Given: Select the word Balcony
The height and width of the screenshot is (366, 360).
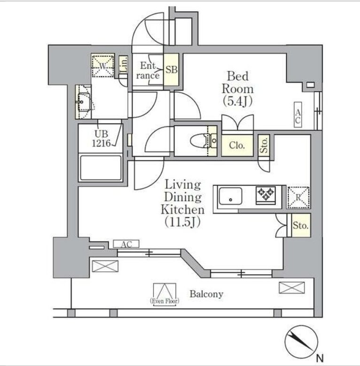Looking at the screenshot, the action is tap(206, 294).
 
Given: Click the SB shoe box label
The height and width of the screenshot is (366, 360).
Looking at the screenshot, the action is tap(172, 70).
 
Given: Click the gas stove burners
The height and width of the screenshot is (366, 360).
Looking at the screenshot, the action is tap(266, 195).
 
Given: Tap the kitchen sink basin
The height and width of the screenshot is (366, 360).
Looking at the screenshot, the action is tap(230, 196).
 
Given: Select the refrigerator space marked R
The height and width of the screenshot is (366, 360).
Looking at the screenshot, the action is tap(298, 198).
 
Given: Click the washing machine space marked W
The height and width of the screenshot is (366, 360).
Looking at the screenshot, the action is tap(103, 66).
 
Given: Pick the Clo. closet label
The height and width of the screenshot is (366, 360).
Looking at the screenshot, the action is tap(237, 145).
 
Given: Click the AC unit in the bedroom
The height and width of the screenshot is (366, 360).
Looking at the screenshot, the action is tap(298, 115).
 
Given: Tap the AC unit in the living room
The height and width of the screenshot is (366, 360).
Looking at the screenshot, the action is tap(126, 244).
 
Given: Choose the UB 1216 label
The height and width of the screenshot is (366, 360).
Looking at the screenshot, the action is tap(102, 139).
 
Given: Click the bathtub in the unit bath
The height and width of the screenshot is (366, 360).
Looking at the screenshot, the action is tap(101, 167).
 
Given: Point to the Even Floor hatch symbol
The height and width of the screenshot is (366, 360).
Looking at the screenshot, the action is tap(164, 294).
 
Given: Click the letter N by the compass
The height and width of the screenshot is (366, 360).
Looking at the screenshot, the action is tap(320, 358).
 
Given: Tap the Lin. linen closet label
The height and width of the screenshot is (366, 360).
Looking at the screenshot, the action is tap(124, 64).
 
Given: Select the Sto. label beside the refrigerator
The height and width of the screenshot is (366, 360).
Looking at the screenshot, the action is tap(301, 226).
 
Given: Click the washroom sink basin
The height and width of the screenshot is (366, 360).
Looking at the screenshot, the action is tap(84, 102).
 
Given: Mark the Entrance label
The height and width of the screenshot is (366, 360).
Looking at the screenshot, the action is tap(148, 71).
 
